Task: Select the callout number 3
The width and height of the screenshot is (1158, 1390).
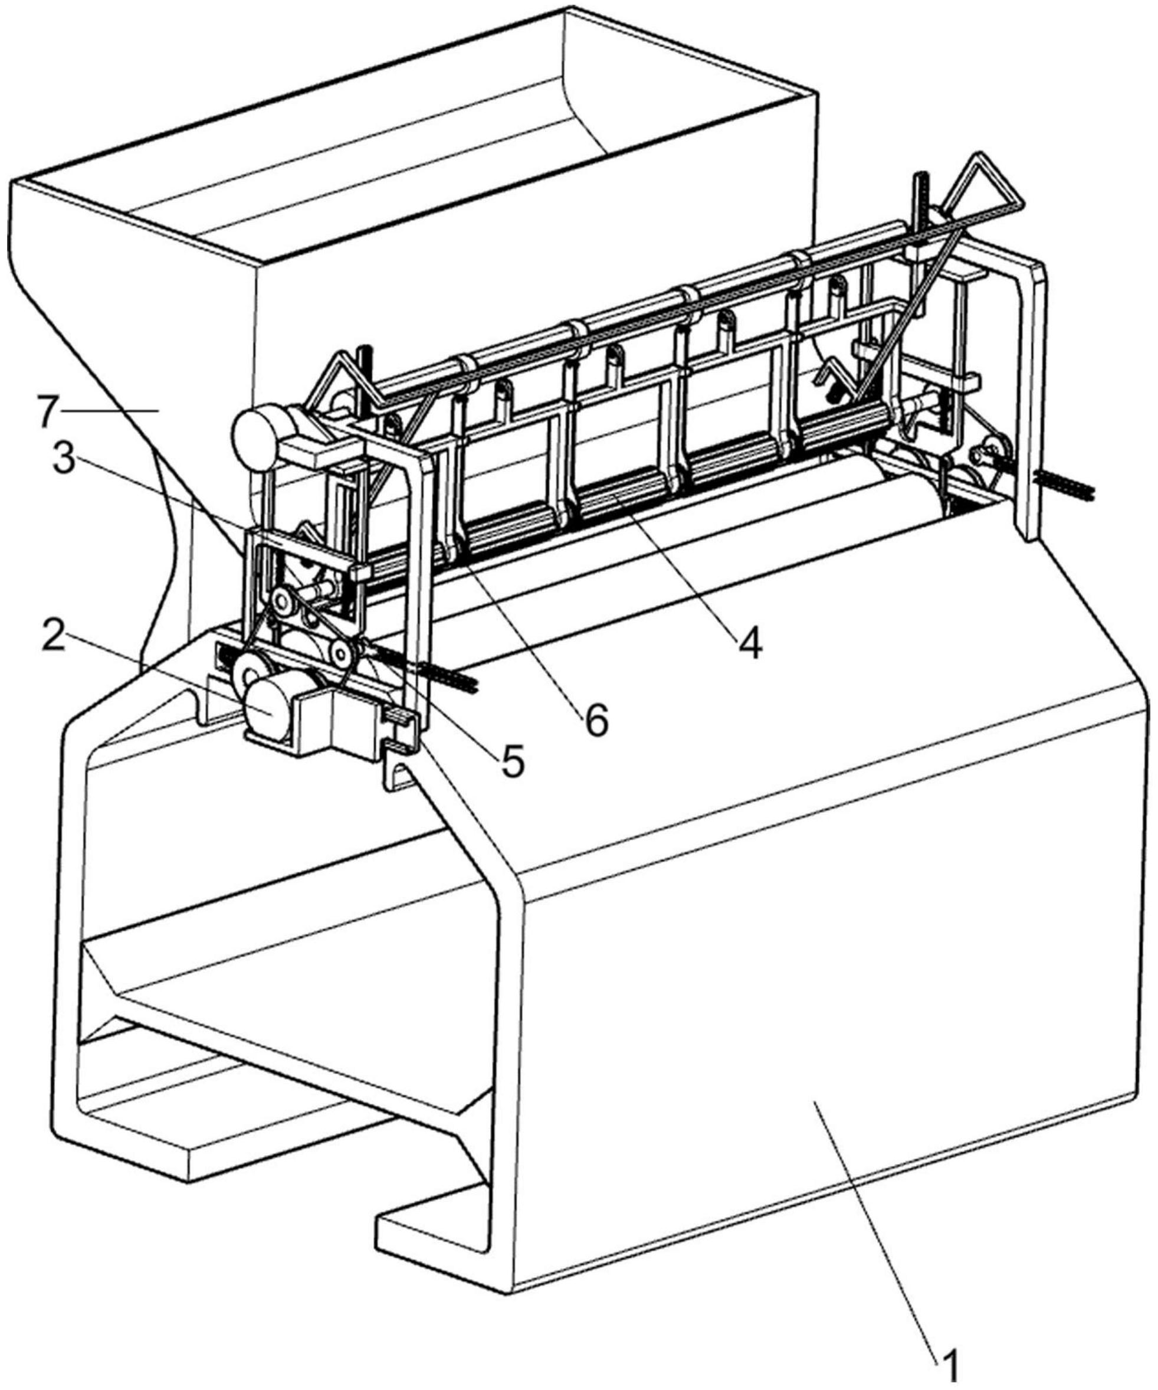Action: tap(64, 459)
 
